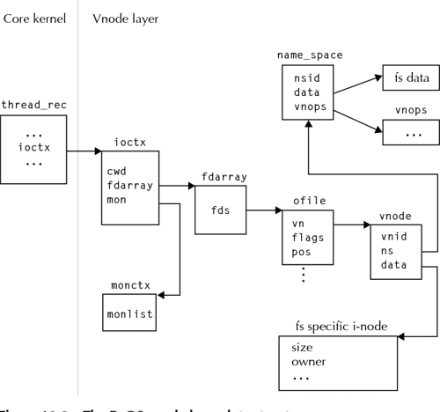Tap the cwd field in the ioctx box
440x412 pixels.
point(117,171)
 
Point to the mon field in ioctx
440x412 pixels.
point(117,200)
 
